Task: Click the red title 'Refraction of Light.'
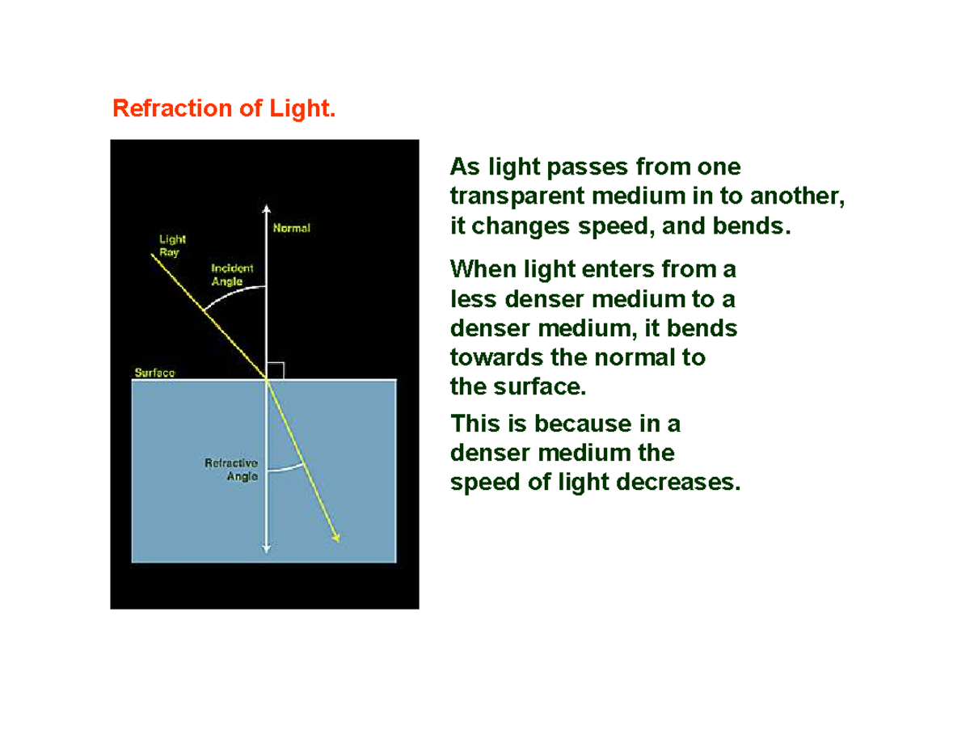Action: (223, 108)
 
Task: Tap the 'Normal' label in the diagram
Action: (291, 228)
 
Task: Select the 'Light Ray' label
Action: (172, 245)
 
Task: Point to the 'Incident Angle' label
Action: (232, 274)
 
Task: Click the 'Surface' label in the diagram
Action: (154, 373)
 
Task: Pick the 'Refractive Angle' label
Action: (231, 470)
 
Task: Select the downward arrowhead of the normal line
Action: (267, 549)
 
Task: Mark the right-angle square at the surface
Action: (276, 370)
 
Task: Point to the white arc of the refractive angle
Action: (285, 468)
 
